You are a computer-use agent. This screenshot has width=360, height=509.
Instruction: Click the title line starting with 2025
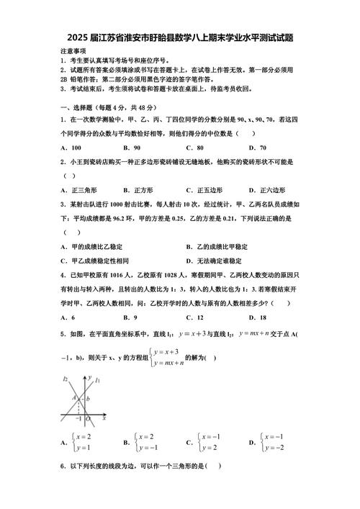click(x=180, y=37)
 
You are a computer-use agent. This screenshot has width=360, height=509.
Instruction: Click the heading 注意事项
click(x=73, y=52)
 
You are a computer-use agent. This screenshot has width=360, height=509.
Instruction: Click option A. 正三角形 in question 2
click(x=76, y=190)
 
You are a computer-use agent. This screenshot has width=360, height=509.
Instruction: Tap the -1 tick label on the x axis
click(x=78, y=419)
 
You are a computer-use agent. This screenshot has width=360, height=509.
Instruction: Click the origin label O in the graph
click(x=88, y=419)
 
